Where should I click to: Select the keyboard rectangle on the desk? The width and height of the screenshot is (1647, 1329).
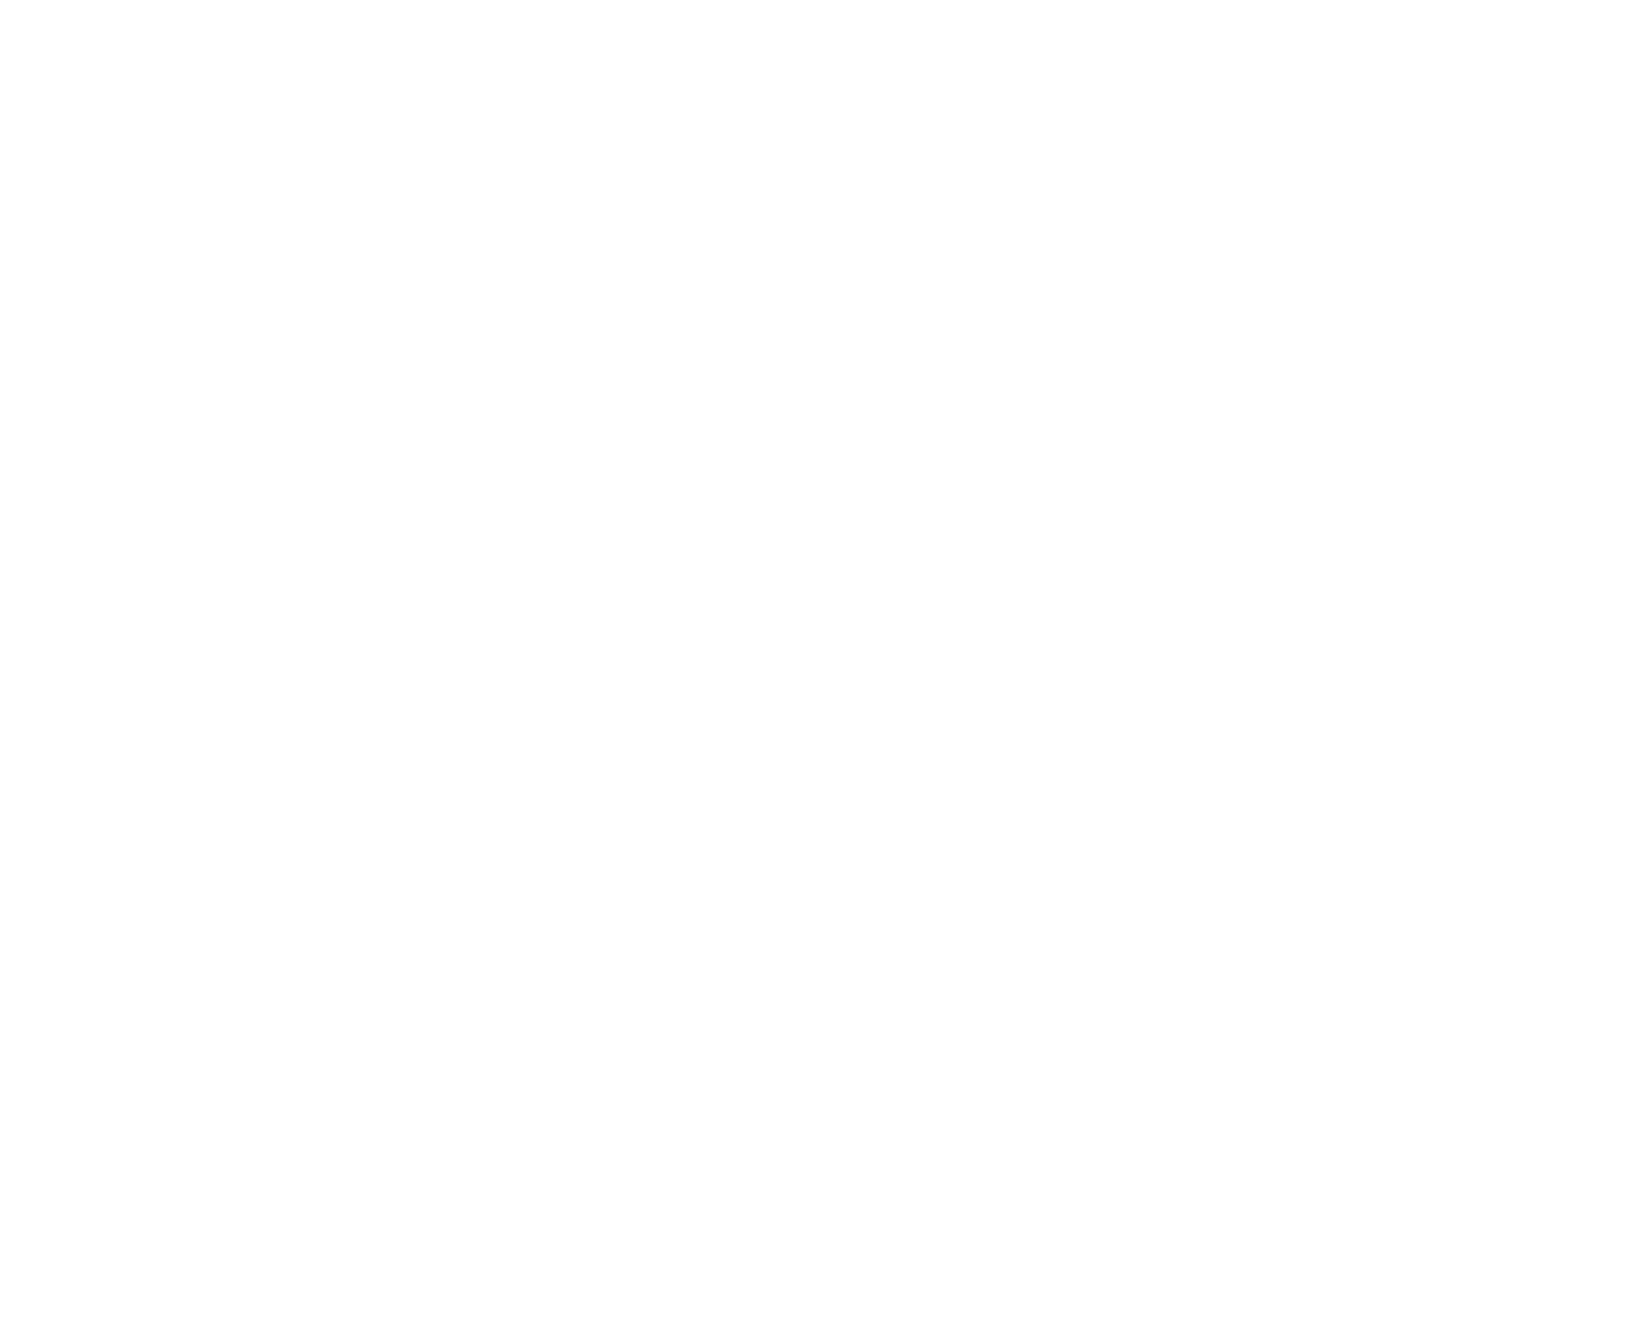pyautogui.click(x=800, y=433)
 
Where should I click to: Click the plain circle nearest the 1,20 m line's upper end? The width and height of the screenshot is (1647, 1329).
pyautogui.click(x=1231, y=114)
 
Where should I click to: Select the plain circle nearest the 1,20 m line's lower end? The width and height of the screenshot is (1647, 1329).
pyautogui.click(x=1231, y=1028)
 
